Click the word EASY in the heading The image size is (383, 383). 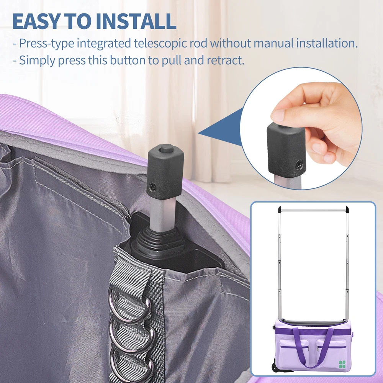36,21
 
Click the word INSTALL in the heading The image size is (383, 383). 136,21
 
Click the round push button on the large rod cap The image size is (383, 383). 166,148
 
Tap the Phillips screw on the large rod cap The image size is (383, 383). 153,188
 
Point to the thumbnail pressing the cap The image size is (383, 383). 278,115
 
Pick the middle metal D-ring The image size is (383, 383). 132,335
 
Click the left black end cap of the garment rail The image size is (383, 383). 280,210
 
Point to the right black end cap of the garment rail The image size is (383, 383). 347,210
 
